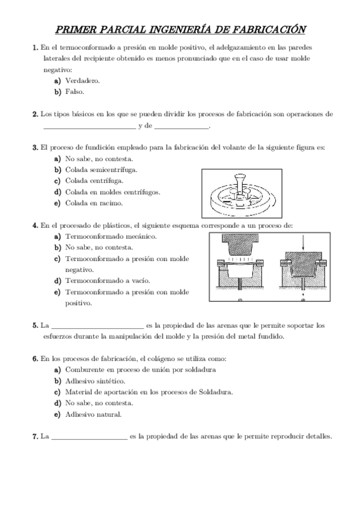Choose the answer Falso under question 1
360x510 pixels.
(x=75, y=92)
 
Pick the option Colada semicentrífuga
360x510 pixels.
(x=101, y=170)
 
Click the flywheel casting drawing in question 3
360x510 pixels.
(x=240, y=192)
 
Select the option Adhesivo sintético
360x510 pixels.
(x=94, y=381)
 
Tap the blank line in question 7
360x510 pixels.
(x=89, y=438)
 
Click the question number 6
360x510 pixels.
(x=35, y=358)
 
